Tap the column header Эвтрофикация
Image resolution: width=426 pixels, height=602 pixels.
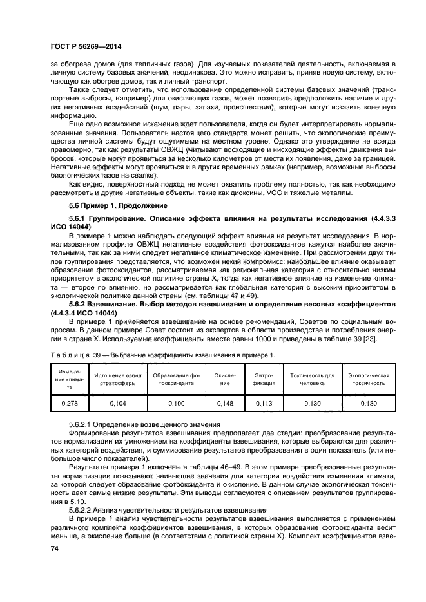264,379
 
